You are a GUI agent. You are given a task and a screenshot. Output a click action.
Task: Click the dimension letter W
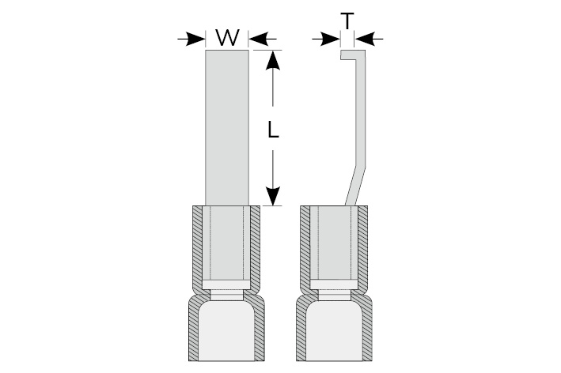(227, 37)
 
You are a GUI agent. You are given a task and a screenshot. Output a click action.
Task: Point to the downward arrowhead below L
(273, 196)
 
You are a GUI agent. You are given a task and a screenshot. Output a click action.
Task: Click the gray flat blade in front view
(227, 126)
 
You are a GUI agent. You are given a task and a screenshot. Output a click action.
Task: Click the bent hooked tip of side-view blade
(349, 56)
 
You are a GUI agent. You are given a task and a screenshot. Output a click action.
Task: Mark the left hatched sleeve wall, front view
(196, 245)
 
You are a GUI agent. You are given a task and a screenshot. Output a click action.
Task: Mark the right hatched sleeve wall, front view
(257, 245)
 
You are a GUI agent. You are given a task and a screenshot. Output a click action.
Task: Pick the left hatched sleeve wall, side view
(303, 245)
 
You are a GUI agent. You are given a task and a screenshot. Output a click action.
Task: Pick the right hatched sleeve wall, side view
(365, 245)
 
